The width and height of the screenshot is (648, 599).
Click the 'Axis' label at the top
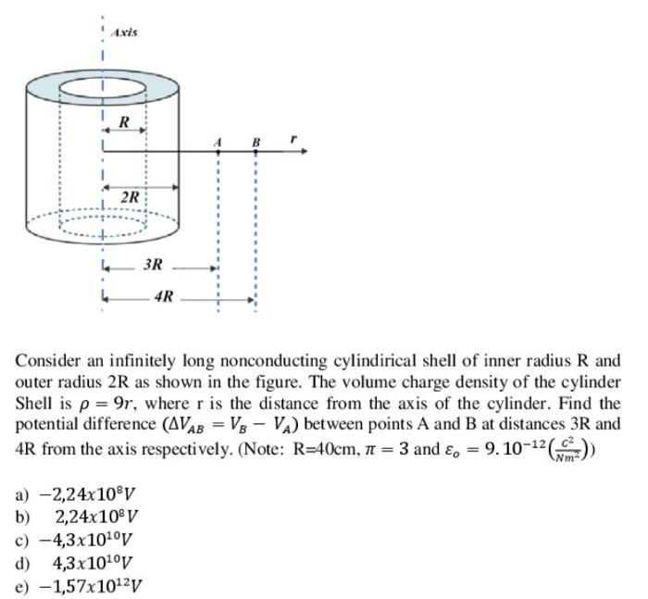(124, 32)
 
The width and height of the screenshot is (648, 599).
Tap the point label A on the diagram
(218, 142)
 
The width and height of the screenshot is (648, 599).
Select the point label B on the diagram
(255, 142)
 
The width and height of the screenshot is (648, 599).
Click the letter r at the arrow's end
(293, 139)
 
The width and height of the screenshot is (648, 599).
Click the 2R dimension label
(131, 197)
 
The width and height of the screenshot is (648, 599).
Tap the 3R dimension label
(154, 265)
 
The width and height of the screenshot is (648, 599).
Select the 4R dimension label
(165, 298)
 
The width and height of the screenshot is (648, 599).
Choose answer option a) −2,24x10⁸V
(78, 493)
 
